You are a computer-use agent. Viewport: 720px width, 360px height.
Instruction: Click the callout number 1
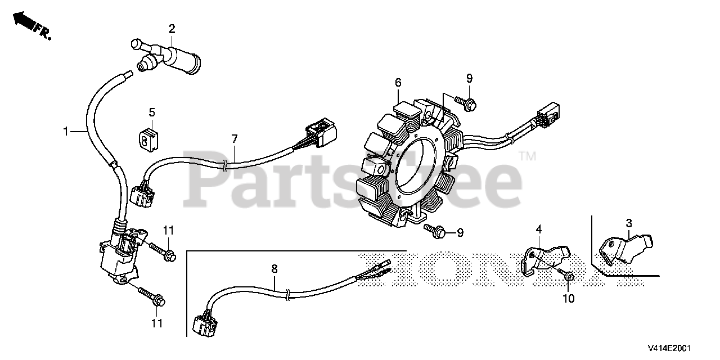(x=66, y=132)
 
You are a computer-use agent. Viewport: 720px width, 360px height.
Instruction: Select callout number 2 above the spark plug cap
(x=172, y=29)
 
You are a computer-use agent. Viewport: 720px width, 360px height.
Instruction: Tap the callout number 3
(x=629, y=223)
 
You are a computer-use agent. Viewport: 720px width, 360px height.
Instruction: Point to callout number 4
(x=538, y=229)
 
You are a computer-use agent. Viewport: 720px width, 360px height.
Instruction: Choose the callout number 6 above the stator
(x=398, y=83)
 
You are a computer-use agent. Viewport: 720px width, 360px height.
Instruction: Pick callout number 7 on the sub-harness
(x=235, y=138)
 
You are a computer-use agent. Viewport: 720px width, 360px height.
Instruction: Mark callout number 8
(x=274, y=269)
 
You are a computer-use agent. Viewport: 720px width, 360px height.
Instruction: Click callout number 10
(x=569, y=299)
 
